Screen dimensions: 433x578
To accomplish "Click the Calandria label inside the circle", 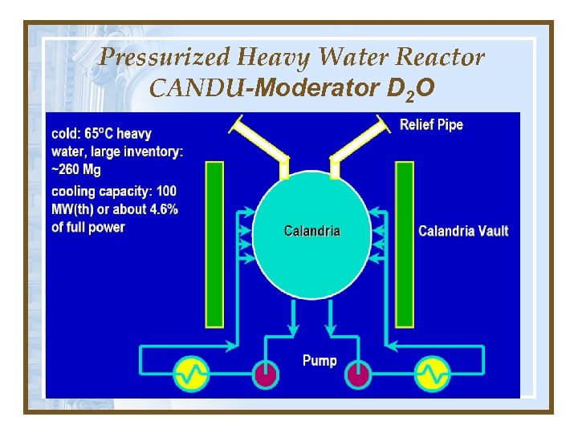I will coord(312,231).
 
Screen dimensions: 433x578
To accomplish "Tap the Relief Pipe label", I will coord(431,125).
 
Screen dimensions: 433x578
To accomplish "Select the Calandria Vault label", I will coord(463,231).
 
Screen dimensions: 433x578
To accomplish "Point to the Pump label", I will coord(320,361).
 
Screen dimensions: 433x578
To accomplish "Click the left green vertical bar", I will coord(214,244).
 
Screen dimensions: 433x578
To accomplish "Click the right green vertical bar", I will coord(404,244).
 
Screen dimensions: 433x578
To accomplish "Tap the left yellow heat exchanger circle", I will coord(193,373).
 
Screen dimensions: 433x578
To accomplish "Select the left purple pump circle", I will coord(265,374).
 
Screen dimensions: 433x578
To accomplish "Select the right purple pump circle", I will coord(359,374).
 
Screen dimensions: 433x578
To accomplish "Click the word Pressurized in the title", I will coord(164,58).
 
